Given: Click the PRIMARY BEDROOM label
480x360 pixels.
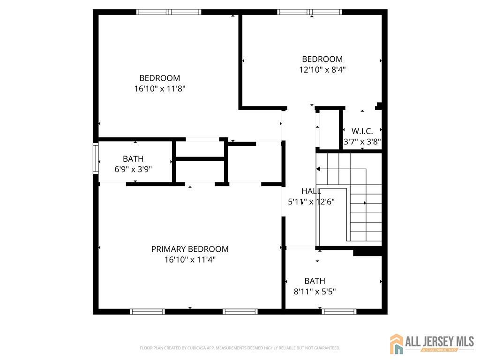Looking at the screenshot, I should (x=190, y=249).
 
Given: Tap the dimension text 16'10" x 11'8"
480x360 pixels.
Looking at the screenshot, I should (x=160, y=88).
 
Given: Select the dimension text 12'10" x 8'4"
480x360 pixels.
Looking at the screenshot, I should (x=322, y=69).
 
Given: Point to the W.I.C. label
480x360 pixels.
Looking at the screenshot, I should (x=362, y=131).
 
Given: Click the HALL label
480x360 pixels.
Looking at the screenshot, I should (x=311, y=191).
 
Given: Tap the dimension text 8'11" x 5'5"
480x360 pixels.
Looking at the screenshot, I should (x=315, y=291).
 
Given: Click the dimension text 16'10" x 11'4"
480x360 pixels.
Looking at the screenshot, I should (x=190, y=259).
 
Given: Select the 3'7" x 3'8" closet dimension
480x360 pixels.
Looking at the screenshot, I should (x=362, y=141).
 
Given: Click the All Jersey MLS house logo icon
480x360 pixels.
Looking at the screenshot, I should (x=397, y=344).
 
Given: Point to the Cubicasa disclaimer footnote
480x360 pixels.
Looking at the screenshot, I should (x=240, y=348).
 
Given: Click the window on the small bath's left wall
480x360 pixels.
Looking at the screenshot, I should (x=96, y=159).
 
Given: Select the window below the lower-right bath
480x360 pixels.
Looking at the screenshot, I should (x=339, y=311).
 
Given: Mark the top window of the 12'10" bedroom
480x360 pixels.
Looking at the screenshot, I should (x=309, y=12).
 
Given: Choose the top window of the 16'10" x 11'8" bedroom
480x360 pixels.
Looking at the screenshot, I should (x=169, y=12).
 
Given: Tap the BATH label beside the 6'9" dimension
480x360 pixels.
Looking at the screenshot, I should (x=133, y=159).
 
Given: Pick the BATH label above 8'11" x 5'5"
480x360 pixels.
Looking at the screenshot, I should (x=315, y=281).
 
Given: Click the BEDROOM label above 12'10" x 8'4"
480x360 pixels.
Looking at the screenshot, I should (x=322, y=59).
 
